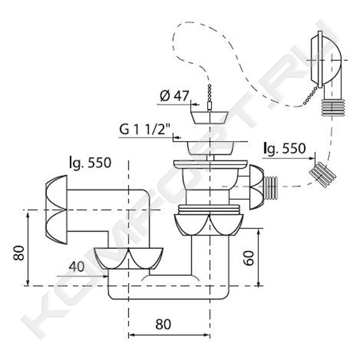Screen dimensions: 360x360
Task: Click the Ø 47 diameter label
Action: (x=174, y=96)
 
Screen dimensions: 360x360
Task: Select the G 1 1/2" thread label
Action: (x=146, y=129)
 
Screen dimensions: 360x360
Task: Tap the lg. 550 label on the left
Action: (x=90, y=163)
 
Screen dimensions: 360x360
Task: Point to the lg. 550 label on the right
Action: (x=284, y=148)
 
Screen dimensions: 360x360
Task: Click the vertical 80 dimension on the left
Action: (x=19, y=253)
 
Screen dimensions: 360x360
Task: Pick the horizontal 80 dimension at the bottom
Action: (x=163, y=324)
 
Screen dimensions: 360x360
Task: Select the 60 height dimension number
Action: (x=249, y=258)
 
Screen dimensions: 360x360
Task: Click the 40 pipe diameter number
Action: (x=77, y=267)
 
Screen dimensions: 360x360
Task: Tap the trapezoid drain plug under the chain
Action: (x=210, y=118)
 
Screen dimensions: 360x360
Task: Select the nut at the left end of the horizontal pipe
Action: (x=57, y=210)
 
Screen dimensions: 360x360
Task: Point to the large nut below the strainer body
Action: (x=208, y=225)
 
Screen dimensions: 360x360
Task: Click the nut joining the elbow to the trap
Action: (x=129, y=258)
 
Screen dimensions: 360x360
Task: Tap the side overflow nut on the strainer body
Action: (x=256, y=187)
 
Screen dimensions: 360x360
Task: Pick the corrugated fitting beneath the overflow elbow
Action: (x=332, y=107)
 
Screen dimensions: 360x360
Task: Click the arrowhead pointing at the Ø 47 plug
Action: (x=196, y=104)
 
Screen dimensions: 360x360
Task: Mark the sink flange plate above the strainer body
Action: (x=210, y=164)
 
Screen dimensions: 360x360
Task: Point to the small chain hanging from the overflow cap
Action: (x=311, y=95)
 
